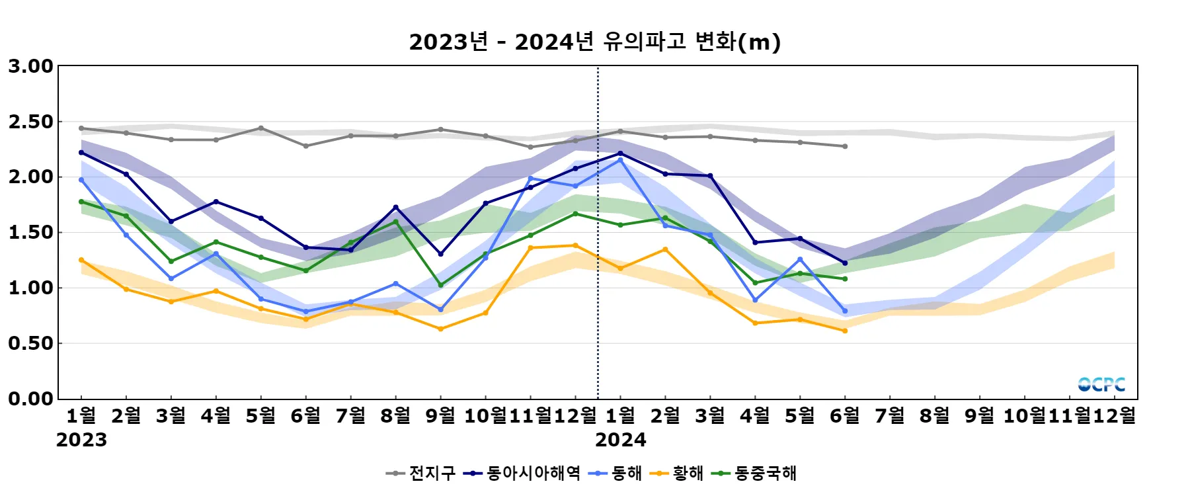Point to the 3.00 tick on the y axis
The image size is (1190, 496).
coord(30,66)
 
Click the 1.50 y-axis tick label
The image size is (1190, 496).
coord(30,233)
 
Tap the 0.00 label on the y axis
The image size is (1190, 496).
coord(30,399)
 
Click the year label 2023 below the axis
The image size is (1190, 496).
coord(81,440)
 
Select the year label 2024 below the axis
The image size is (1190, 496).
coord(620,440)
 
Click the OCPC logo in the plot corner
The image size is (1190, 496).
coord(1101,384)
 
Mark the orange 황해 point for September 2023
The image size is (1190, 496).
coord(441,329)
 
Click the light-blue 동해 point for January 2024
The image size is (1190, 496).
coord(620,159)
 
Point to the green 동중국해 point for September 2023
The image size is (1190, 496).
coord(441,285)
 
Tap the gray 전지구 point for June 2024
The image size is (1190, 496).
coord(845,146)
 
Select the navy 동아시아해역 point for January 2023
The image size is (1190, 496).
coord(81,153)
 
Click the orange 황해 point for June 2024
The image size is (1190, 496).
coord(845,331)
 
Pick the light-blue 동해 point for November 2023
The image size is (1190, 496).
coord(530,179)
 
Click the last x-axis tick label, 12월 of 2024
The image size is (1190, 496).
coord(1115,416)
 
